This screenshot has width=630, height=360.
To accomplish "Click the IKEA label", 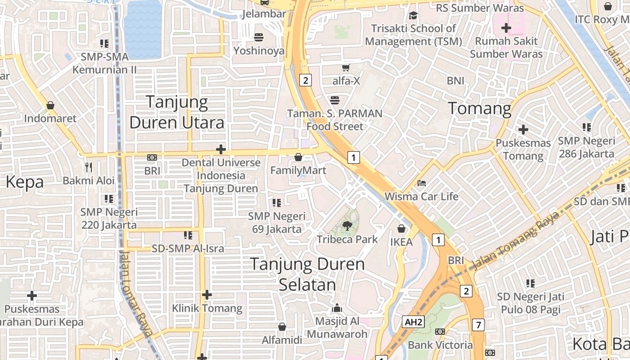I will pos(401,242).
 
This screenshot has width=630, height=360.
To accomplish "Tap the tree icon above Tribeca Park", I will pos(347,226).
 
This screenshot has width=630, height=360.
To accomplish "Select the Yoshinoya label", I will pos(259,51).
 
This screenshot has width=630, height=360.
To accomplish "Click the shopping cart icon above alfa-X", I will pos(346,68).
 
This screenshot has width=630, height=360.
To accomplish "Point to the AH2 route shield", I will pos(414,322).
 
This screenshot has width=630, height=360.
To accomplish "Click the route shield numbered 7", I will pos(478,325).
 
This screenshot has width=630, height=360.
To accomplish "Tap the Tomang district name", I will pos(480,109).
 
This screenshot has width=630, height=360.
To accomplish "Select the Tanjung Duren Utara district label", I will pos(177,112).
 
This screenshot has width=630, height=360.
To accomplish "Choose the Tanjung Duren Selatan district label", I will pos(307,274).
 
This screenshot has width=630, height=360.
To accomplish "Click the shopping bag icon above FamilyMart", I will pos(298,157).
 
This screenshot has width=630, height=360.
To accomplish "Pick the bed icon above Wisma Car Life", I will pos(421,183).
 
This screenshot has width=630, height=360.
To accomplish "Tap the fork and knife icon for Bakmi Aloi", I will pos(89,167).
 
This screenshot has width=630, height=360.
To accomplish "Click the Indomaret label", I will pos(50,119).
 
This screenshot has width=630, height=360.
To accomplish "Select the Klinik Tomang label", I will pos(207,308).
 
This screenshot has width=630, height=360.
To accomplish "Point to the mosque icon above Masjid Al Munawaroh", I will pos(337,308).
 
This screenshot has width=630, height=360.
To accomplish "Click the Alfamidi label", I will pos(282,340).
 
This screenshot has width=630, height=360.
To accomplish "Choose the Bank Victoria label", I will pos(440,345).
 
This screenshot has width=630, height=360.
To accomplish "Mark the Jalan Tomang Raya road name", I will pos(515,240).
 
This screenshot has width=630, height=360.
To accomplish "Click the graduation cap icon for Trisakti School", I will pos(413,16).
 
